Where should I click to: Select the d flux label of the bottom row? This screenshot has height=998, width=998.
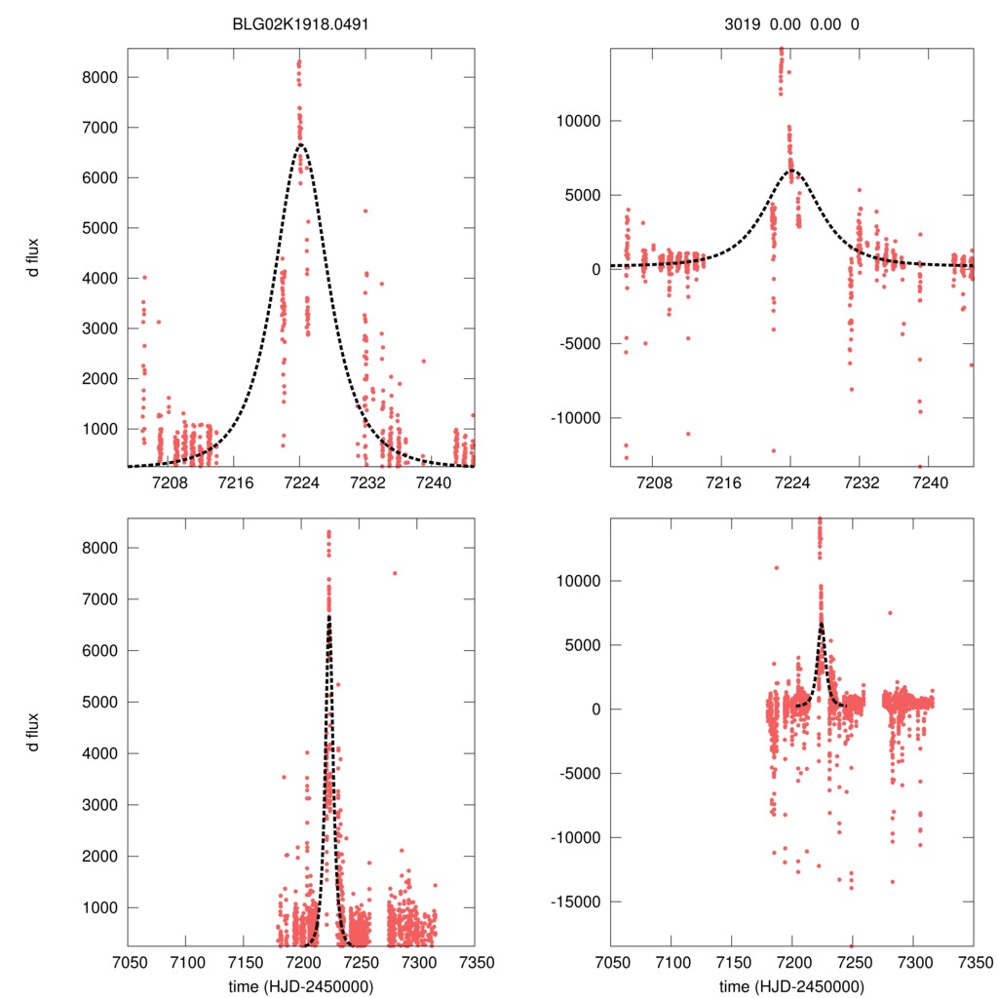pyautogui.click(x=34, y=731)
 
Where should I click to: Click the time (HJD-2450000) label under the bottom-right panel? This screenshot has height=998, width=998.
pyautogui.click(x=791, y=985)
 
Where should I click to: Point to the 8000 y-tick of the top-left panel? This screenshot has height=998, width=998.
pyautogui.click(x=98, y=77)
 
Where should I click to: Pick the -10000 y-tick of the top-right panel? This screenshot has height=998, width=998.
pyautogui.click(x=575, y=417)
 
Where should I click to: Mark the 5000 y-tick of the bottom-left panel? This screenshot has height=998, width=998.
pyautogui.click(x=98, y=702)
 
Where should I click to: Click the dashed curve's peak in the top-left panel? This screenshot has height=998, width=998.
pyautogui.click(x=300, y=145)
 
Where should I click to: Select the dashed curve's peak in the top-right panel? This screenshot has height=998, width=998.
pyautogui.click(x=791, y=171)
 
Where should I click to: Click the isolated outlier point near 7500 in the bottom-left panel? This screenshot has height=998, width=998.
pyautogui.click(x=395, y=573)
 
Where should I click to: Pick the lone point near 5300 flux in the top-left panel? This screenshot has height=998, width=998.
pyautogui.click(x=365, y=211)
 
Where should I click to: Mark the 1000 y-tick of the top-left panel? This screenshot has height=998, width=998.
pyautogui.click(x=98, y=429)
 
